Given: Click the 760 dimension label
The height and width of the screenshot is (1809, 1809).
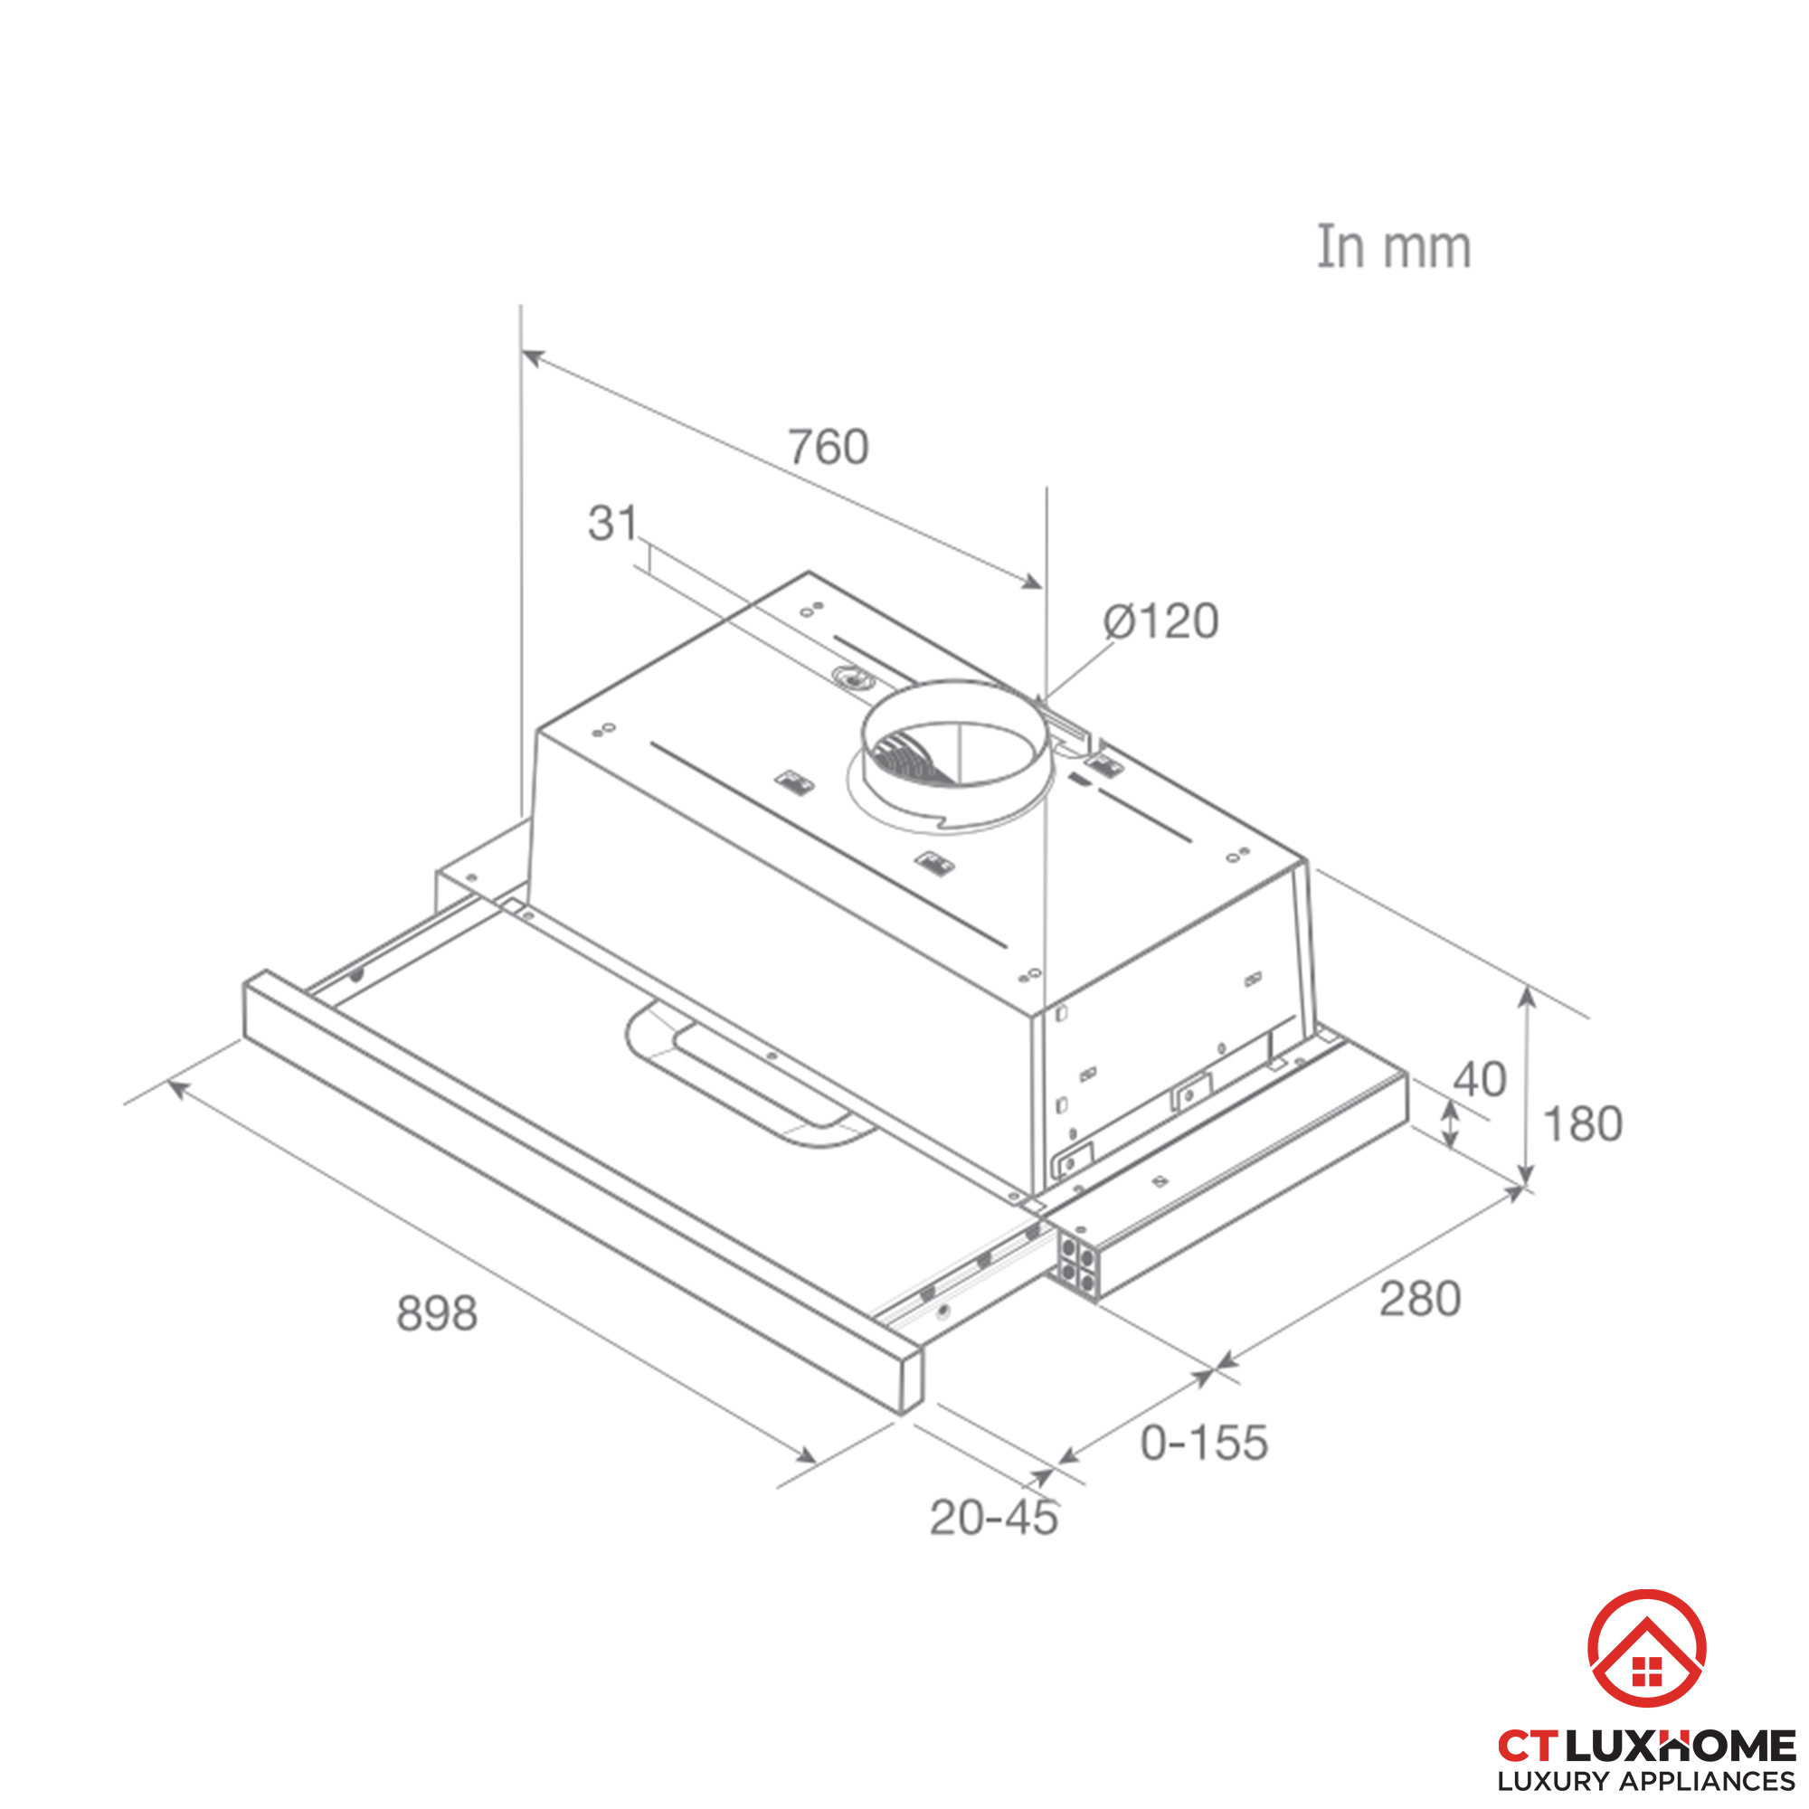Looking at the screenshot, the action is (x=828, y=447).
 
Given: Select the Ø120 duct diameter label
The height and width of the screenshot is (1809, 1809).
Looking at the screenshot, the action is (x=1161, y=620).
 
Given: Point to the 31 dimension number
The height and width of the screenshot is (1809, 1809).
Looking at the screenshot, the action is (x=612, y=523).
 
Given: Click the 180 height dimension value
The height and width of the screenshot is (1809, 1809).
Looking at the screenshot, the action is (x=1581, y=1123).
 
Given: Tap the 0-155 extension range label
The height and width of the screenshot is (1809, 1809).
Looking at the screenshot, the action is (x=1204, y=1443).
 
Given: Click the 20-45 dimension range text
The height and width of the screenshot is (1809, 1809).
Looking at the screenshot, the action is (x=993, y=1518).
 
